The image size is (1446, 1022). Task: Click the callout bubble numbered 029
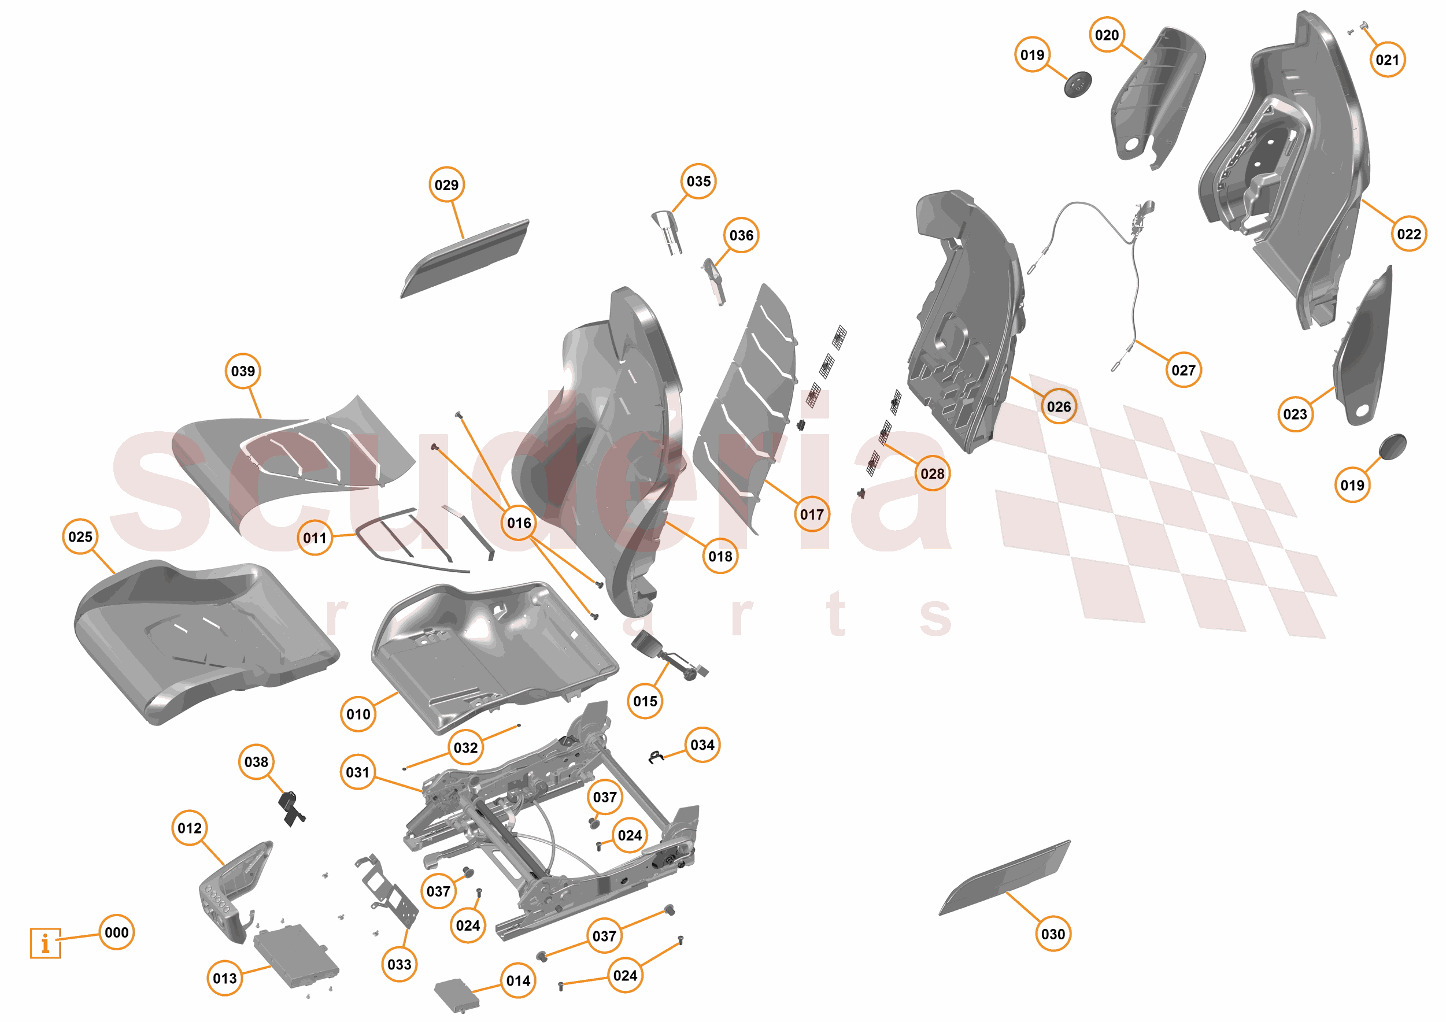446,185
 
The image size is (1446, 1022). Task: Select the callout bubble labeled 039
243,371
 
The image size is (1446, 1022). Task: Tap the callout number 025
80,536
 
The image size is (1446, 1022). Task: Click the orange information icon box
45,943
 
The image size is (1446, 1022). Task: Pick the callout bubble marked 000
117,932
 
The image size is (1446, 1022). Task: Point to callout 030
1053,934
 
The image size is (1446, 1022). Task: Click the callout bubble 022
1409,234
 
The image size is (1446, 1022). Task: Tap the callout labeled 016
519,523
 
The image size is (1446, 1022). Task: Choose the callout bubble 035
698,182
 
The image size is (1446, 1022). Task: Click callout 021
1387,60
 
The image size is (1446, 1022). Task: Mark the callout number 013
225,978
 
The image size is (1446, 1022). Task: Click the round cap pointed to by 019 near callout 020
1078,84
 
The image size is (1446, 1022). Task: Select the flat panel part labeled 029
465,258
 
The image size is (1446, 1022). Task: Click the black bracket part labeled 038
291,809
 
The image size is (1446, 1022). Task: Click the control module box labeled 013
296,956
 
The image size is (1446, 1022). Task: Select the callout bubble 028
932,473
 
